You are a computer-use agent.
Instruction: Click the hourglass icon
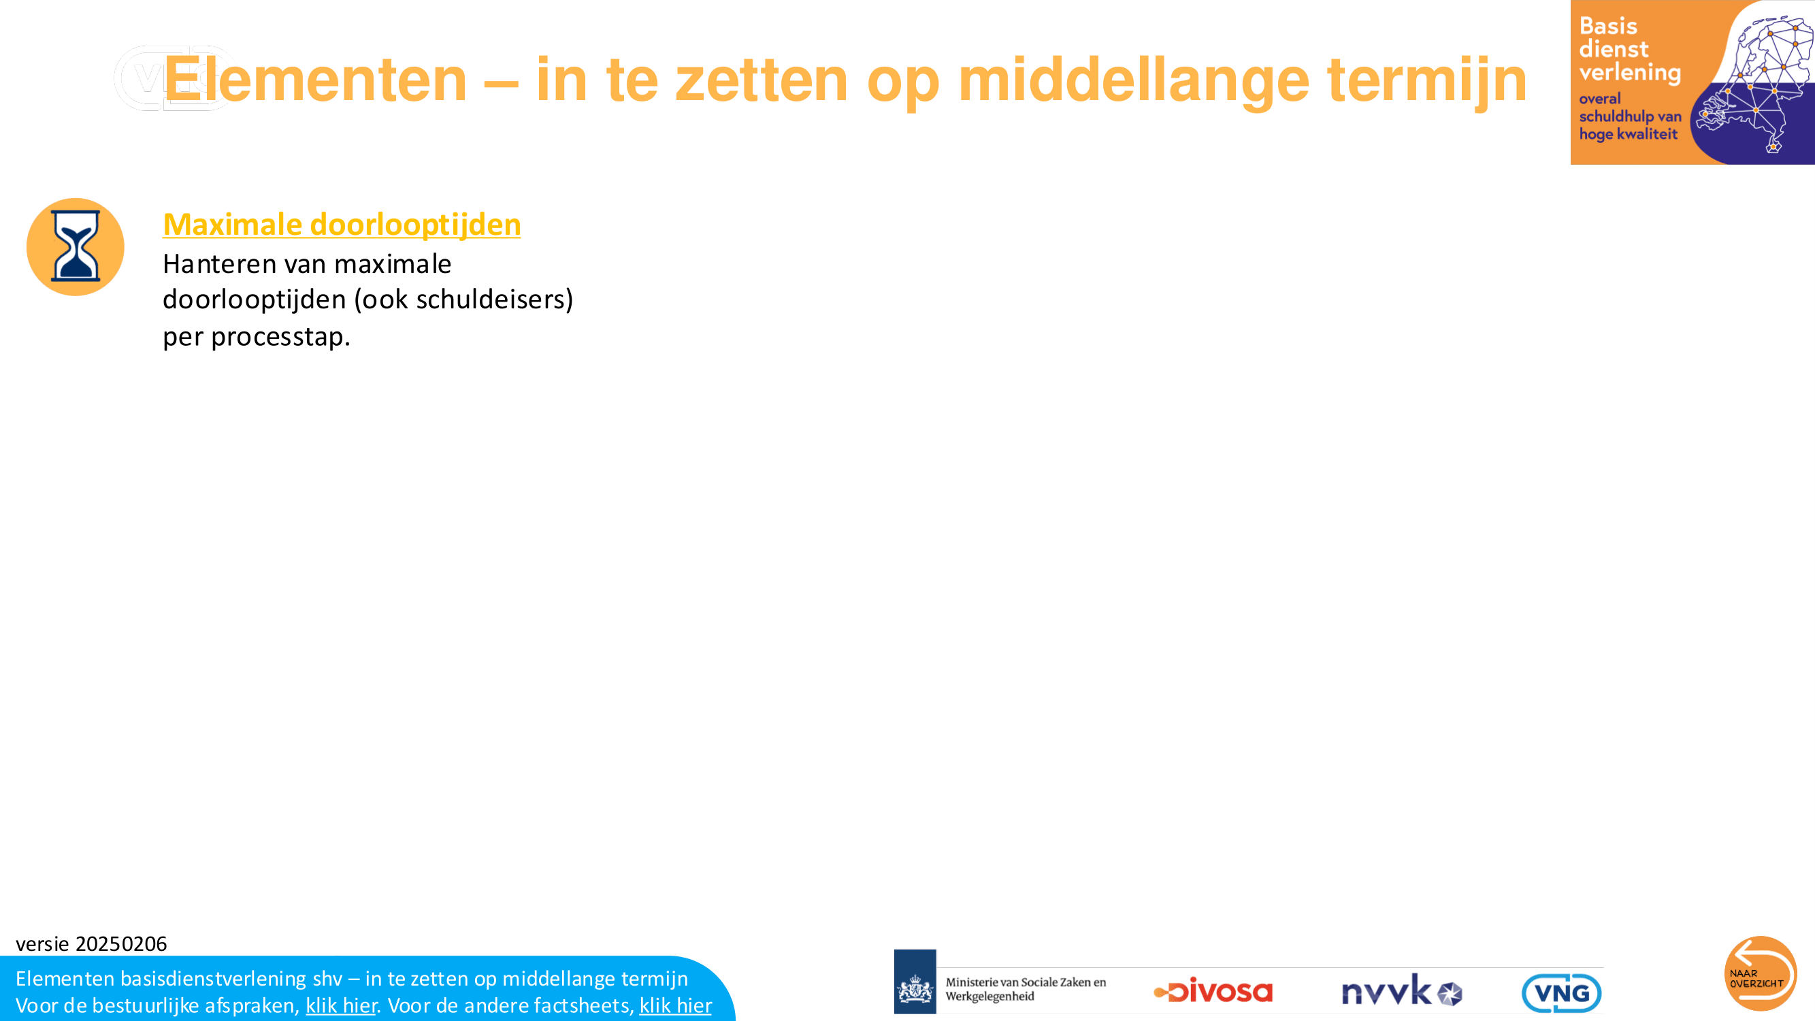[x=76, y=246]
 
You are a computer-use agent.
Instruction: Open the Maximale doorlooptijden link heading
[x=342, y=224]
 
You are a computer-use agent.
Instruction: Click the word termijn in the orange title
[x=1427, y=80]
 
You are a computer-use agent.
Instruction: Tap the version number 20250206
[x=121, y=943]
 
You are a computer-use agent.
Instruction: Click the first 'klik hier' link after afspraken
[x=341, y=1005]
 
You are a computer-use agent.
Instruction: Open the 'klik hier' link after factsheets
[x=675, y=1005]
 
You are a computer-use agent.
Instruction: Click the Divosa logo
[x=1213, y=990]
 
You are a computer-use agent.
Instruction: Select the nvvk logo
[x=1401, y=990]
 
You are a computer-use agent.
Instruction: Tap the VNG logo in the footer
[x=1561, y=993]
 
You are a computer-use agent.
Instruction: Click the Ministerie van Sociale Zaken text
[x=1025, y=988]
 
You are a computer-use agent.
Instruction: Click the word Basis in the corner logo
[x=1608, y=26]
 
